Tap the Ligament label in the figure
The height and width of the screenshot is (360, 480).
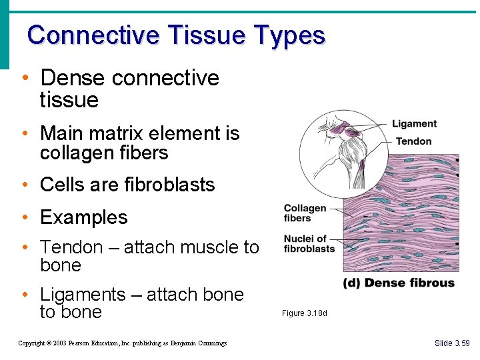[x=414, y=124]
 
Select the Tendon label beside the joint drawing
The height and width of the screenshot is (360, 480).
[x=413, y=141]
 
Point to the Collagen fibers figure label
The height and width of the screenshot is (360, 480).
[x=305, y=213]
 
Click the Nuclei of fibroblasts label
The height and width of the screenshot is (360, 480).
[x=309, y=244]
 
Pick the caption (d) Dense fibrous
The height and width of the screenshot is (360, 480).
[x=399, y=283]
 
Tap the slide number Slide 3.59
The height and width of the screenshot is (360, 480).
[x=451, y=343]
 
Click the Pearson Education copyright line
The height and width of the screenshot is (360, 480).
[x=122, y=343]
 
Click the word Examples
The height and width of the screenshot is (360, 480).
[x=83, y=217]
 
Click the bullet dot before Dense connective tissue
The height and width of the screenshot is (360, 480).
[x=25, y=78]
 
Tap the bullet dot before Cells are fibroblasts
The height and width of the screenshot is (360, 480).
[x=25, y=185]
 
